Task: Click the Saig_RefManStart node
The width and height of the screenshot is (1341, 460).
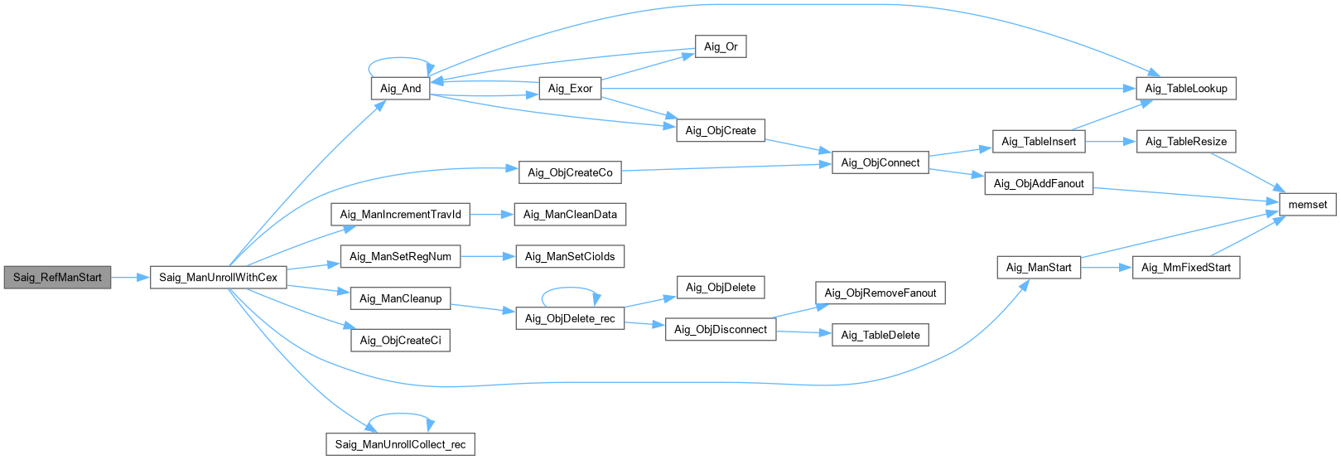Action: click(57, 278)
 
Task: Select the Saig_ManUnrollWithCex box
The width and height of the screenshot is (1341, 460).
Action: click(219, 278)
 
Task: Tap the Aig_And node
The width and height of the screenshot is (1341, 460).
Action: click(400, 89)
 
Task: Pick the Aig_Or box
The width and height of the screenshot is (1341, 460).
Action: click(721, 47)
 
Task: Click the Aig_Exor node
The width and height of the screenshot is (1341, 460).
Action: click(570, 89)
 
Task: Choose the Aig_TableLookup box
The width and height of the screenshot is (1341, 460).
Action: click(1185, 89)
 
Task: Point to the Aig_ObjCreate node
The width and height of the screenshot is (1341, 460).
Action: click(721, 131)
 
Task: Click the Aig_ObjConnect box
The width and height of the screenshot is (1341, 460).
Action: click(880, 162)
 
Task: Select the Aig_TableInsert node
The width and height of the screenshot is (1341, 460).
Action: click(1039, 142)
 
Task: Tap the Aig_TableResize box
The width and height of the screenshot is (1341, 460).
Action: click(1185, 142)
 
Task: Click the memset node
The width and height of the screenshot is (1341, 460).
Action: click(1308, 205)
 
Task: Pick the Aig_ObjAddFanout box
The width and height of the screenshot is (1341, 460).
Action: click(1039, 184)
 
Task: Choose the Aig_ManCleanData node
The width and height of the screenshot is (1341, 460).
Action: click(570, 215)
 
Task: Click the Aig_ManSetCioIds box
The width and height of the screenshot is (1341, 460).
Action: click(570, 257)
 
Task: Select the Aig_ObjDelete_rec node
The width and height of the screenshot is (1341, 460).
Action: click(570, 319)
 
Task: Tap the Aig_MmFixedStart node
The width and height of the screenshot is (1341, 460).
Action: click(1185, 268)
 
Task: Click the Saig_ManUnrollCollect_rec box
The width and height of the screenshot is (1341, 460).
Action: click(400, 445)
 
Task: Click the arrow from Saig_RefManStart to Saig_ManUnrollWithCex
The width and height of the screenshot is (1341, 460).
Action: click(130, 278)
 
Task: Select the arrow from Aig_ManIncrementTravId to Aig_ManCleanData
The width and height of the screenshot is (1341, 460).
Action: click(491, 215)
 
